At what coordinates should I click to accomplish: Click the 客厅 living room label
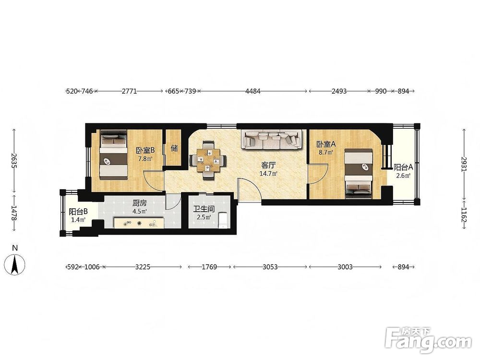coord(268,165)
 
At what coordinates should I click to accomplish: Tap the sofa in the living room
coord(272,140)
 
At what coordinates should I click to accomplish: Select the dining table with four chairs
coord(208,160)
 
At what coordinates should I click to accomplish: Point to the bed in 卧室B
coord(113,155)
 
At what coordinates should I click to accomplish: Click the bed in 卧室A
coord(359,174)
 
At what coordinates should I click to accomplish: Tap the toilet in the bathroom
coord(223,221)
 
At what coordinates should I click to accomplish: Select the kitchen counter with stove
coord(139,223)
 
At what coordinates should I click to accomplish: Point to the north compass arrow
coord(14,265)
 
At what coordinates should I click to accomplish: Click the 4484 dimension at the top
coord(253,91)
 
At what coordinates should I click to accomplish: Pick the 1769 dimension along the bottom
coord(209,267)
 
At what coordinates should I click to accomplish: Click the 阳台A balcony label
coord(404,168)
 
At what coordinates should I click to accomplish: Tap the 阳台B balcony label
coord(78,212)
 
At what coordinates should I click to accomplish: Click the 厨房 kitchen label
coord(140,203)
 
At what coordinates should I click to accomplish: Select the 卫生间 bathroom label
coord(204,209)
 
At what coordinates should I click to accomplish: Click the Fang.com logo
coord(428,340)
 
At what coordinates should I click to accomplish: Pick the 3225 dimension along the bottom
coord(143,267)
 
